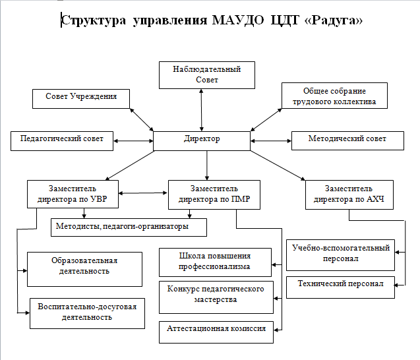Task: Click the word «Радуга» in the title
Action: coord(334,20)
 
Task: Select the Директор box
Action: coord(202,141)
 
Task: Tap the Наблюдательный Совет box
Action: coord(207,75)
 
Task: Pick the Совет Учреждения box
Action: coord(81,99)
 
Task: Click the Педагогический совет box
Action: coord(62,141)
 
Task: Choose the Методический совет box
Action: coord(347,140)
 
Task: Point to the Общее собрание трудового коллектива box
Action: coord(334,96)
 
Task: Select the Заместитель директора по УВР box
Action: coord(73,195)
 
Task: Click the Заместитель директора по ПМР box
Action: coord(214,195)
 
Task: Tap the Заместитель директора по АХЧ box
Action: coord(349,195)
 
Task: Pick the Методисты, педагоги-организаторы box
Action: coord(129,227)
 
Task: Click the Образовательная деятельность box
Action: coord(84,269)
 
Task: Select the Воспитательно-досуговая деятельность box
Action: coord(87,313)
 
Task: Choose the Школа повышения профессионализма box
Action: coord(215,262)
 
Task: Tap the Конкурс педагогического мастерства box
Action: coord(216,297)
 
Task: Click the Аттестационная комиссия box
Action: coord(216,332)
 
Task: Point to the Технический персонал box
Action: coord(340,287)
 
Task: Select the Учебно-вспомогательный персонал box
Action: coord(340,255)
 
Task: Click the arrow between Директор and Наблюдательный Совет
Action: coord(202,110)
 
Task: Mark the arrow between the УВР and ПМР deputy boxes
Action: coord(143,193)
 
